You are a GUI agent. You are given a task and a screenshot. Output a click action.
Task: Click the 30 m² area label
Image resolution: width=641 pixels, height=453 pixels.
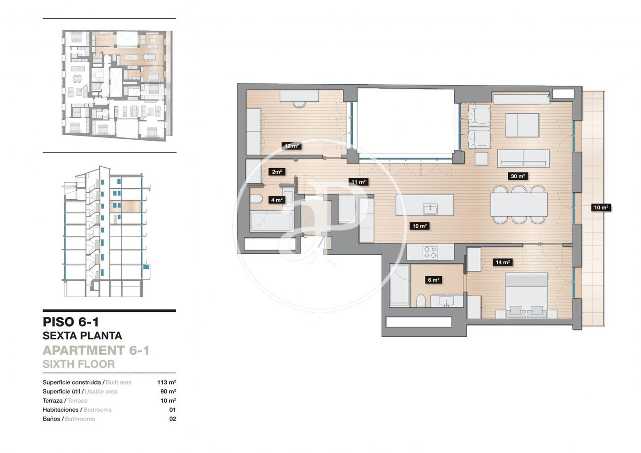pos(518,176)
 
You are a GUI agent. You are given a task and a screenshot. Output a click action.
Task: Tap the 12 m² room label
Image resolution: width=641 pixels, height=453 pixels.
pos(291,146)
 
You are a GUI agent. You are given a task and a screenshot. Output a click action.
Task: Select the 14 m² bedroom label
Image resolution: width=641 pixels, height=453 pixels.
pos(502,262)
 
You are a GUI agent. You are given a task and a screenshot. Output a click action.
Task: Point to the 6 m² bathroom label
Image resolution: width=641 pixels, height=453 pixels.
pos(433,280)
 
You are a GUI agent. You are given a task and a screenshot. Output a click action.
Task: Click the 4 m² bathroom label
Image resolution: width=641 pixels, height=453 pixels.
pos(277,200)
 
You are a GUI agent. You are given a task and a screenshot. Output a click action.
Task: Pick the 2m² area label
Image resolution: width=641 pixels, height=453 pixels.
pos(277,172)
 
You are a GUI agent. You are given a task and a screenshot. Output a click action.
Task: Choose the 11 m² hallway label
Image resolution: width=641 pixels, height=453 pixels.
pos(358,182)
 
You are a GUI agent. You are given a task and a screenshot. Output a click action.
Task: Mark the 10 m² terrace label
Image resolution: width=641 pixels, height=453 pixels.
pos(601,207)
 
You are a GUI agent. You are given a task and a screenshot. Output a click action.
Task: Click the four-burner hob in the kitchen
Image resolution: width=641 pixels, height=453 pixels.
pos(430,252)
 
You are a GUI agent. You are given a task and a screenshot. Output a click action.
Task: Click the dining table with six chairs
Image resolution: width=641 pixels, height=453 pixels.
pos(518,204)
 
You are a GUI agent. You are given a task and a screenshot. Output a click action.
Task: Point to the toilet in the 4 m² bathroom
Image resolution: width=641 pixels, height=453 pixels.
pos(256,199)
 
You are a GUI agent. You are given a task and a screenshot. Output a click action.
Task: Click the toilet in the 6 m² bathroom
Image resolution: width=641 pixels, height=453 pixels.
pos(421,301)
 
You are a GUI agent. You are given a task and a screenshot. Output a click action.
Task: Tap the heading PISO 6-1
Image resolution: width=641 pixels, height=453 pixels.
pos(71,322)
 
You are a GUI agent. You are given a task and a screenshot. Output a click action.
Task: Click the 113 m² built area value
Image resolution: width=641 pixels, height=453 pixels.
pos(167,382)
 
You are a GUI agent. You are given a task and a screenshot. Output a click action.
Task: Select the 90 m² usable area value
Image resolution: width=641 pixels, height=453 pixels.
pos(168,391)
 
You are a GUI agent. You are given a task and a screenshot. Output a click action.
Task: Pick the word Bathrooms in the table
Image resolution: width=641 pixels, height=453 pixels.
pos(80,419)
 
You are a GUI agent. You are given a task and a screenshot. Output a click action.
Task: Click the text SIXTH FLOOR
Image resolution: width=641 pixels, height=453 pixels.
pos(79,364)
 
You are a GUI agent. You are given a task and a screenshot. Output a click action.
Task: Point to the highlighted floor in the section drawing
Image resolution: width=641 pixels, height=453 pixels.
pos(125,207)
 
